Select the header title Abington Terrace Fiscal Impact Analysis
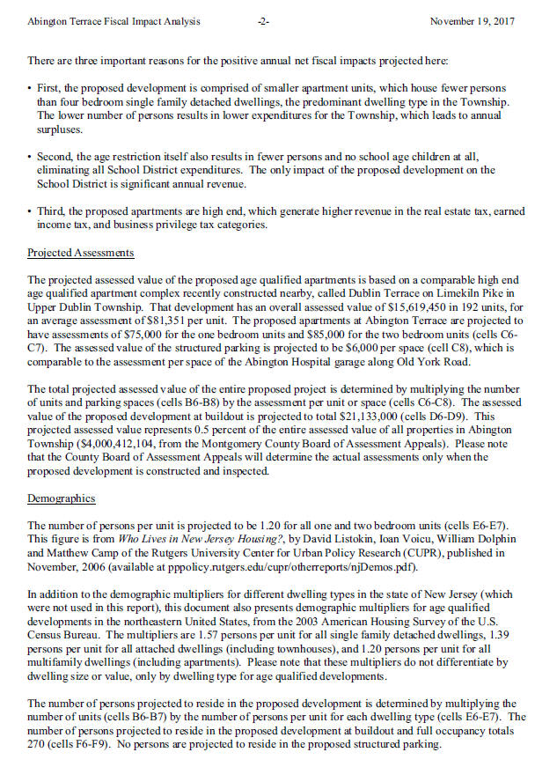[114, 20]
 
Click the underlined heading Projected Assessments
[81, 253]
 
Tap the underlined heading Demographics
[62, 498]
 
